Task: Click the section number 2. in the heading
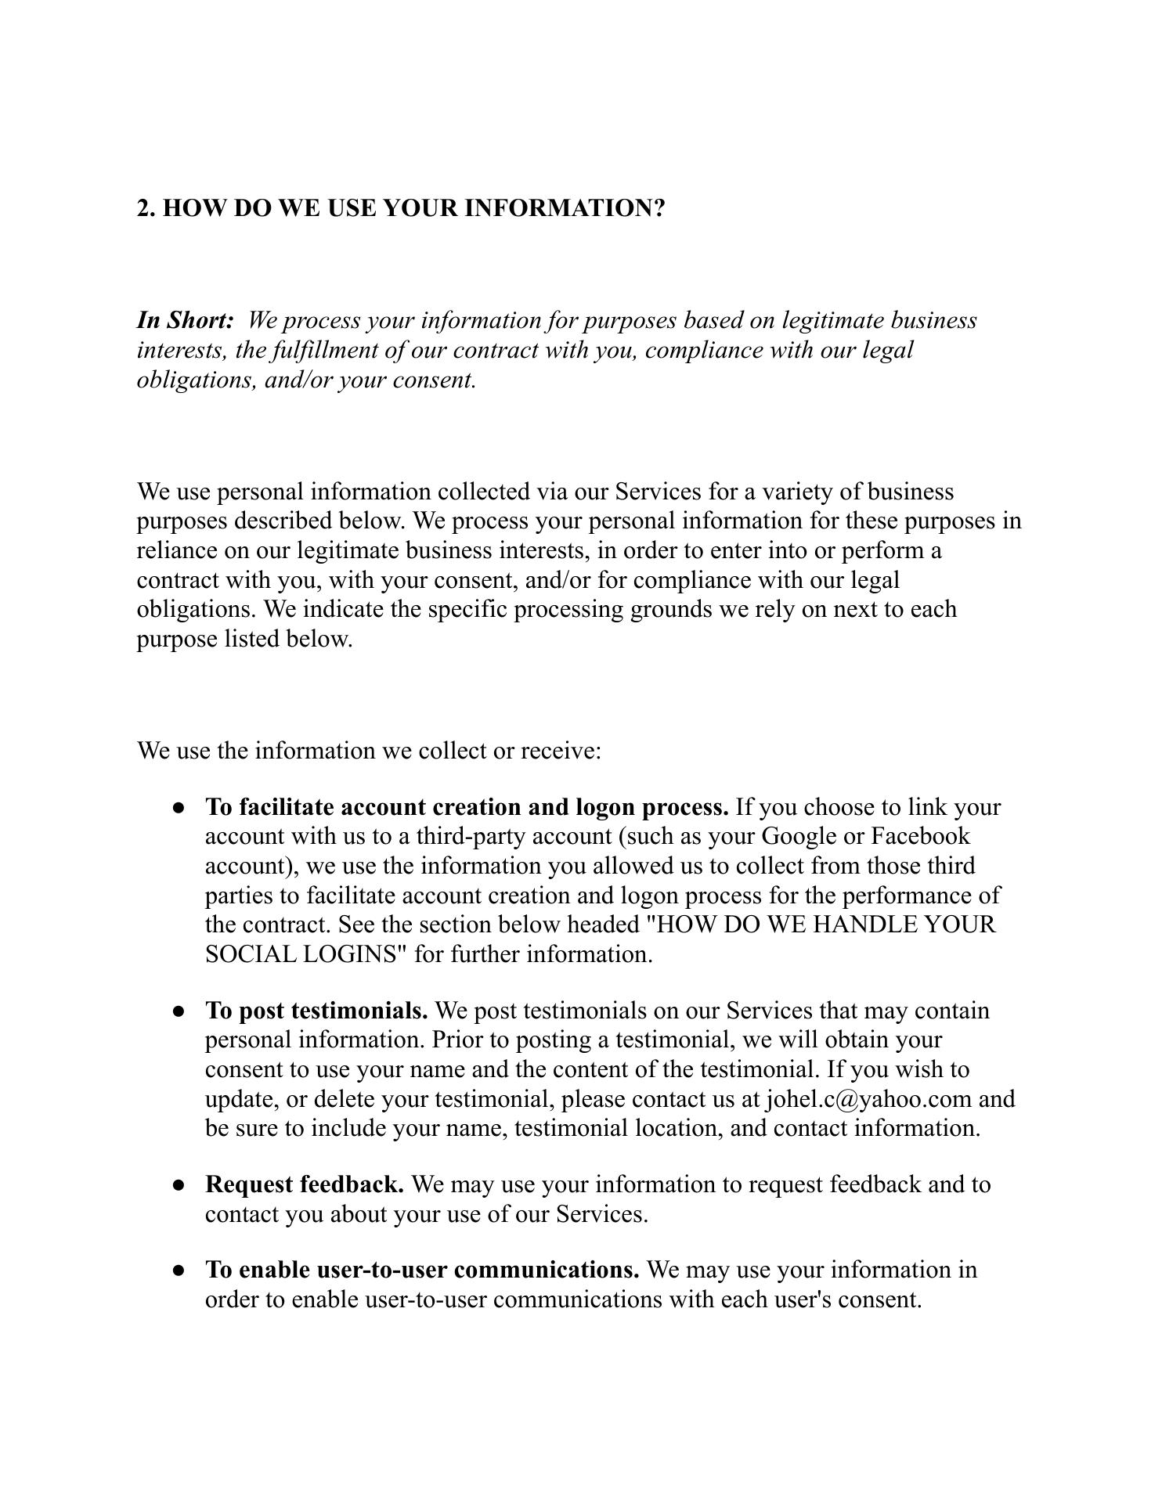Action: [x=146, y=208]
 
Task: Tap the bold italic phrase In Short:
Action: [x=186, y=320]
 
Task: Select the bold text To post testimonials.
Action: [x=316, y=1011]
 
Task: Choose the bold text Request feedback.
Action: [x=305, y=1184]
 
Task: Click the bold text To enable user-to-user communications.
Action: [x=422, y=1269]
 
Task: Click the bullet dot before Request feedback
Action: [x=179, y=1186]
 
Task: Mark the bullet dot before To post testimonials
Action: [x=179, y=1012]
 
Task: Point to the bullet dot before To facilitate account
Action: [x=179, y=808]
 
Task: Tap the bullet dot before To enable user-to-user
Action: [x=179, y=1271]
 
